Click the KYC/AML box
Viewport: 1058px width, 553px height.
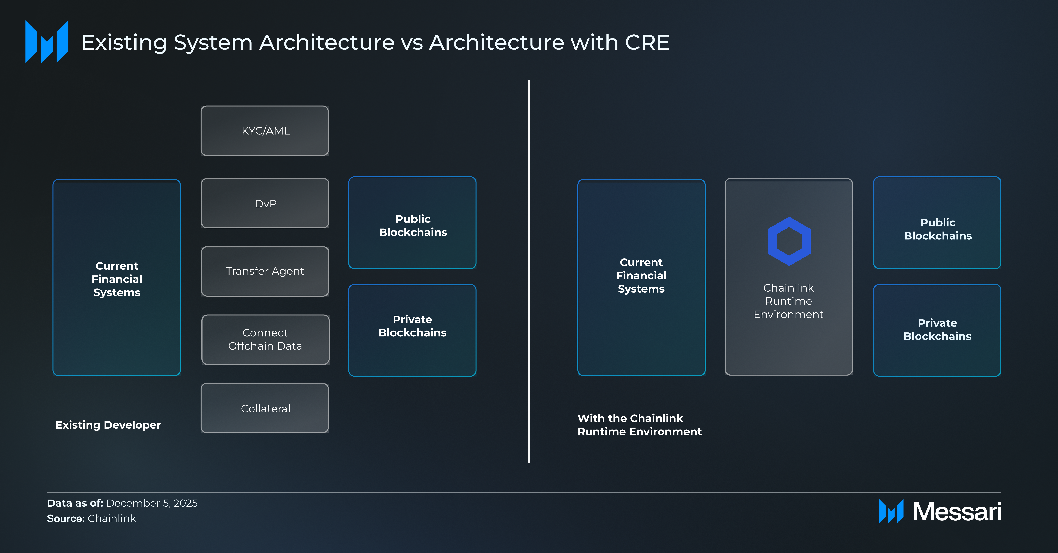[265, 131]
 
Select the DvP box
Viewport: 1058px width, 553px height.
[265, 203]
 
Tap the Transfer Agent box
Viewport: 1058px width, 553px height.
[265, 271]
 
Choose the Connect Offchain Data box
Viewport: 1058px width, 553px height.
[265, 339]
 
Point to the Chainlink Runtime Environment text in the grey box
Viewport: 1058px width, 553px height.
[789, 301]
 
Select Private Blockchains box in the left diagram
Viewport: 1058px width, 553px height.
[412, 330]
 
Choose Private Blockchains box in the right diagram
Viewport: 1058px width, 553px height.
[937, 330]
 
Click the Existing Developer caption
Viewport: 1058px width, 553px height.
[108, 425]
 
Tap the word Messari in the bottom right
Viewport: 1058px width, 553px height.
[957, 512]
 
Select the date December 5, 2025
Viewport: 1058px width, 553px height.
[151, 503]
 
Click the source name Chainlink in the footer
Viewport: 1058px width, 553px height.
[112, 519]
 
